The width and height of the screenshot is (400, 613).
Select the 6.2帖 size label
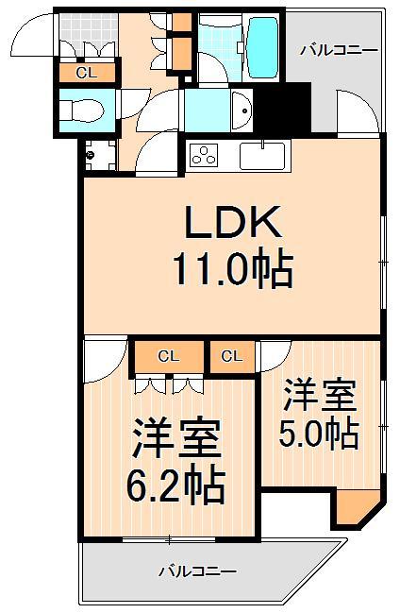coord(176,486)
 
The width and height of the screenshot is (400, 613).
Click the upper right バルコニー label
coord(338,50)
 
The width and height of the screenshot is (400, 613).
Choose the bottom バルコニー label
coord(196,570)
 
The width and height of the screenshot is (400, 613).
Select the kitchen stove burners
coord(205,154)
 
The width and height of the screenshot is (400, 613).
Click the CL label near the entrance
coord(86,71)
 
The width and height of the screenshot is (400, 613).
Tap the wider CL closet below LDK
coord(169,356)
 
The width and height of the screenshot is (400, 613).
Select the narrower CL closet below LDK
coord(232,356)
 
